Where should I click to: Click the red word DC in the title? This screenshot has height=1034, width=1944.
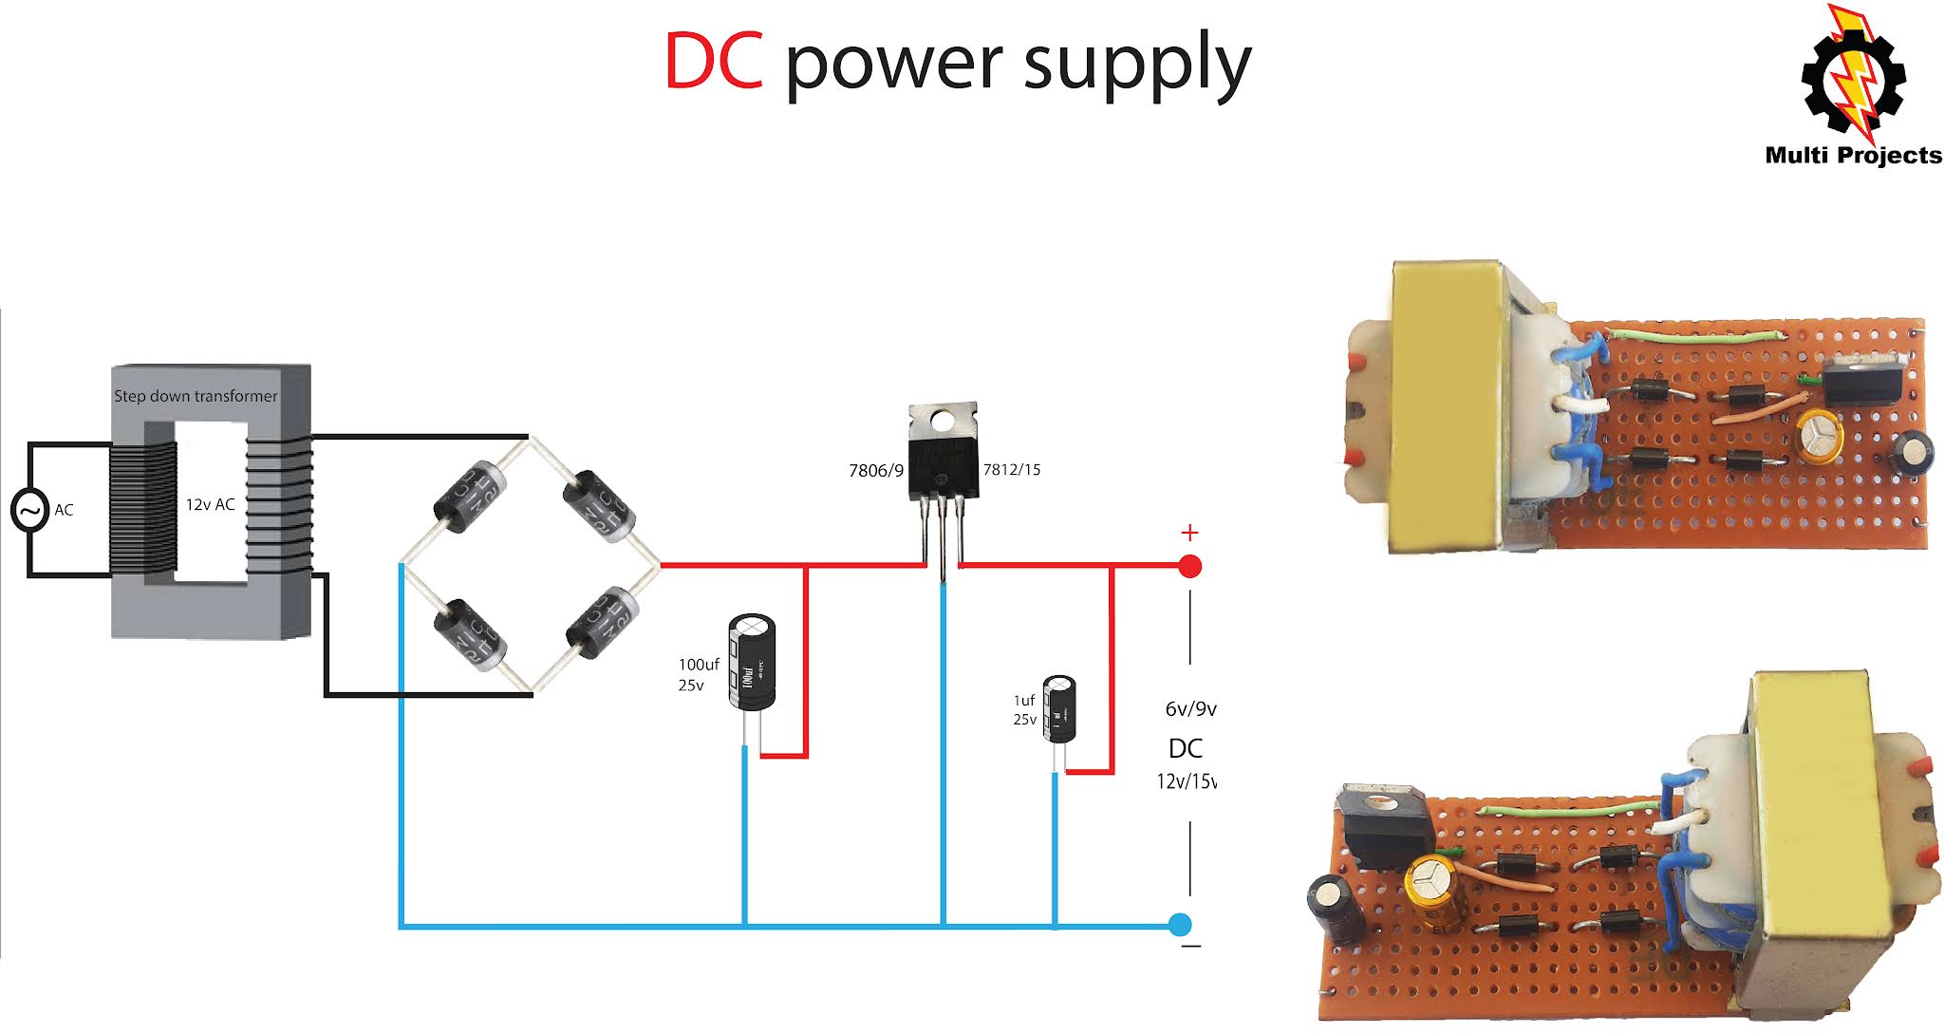tap(713, 62)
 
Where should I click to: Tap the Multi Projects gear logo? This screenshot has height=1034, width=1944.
tap(1852, 81)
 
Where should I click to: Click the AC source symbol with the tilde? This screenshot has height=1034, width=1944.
tap(29, 510)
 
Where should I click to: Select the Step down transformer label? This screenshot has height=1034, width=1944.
tap(196, 396)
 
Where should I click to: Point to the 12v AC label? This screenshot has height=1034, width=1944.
tap(210, 504)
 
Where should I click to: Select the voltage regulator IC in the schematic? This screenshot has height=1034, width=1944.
tap(943, 456)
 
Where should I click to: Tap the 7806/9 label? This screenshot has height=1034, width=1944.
tap(875, 471)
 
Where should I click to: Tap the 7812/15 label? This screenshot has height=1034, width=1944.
tap(1011, 469)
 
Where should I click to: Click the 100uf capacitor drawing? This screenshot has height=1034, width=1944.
tap(752, 662)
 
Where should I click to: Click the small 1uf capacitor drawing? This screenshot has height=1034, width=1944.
tap(1059, 708)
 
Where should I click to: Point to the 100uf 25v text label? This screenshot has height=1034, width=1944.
tap(698, 674)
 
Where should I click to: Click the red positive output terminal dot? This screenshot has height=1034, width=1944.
tap(1189, 567)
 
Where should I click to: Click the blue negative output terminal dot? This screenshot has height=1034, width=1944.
tap(1180, 924)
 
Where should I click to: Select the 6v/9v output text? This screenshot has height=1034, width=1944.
tap(1190, 709)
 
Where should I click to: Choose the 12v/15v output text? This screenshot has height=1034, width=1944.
tap(1186, 781)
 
